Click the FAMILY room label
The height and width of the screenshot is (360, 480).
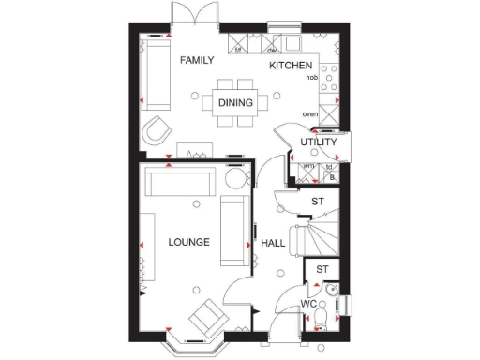[x=197, y=60]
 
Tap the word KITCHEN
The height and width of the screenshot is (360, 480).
[x=291, y=66]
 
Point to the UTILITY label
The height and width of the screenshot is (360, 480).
[x=319, y=142]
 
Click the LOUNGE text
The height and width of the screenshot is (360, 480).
[x=188, y=242]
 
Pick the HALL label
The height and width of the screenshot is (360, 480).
[x=273, y=243]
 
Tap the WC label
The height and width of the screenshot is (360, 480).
[x=307, y=305]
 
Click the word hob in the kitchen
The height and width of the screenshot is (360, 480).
[x=312, y=79]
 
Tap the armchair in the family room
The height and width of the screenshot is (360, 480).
[x=157, y=129]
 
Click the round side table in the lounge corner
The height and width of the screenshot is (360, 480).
[x=234, y=180]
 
